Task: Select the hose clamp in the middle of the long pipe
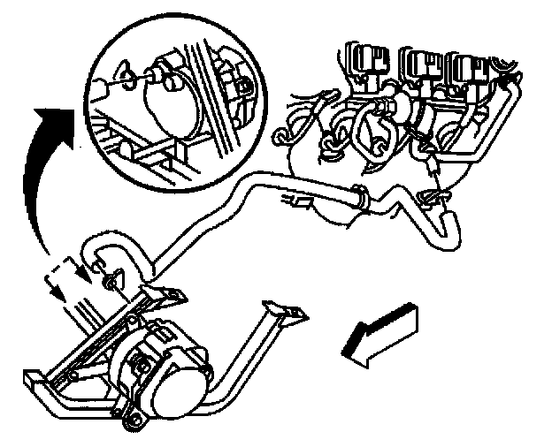360,196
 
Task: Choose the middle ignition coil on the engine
418,64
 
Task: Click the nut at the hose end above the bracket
110,282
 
